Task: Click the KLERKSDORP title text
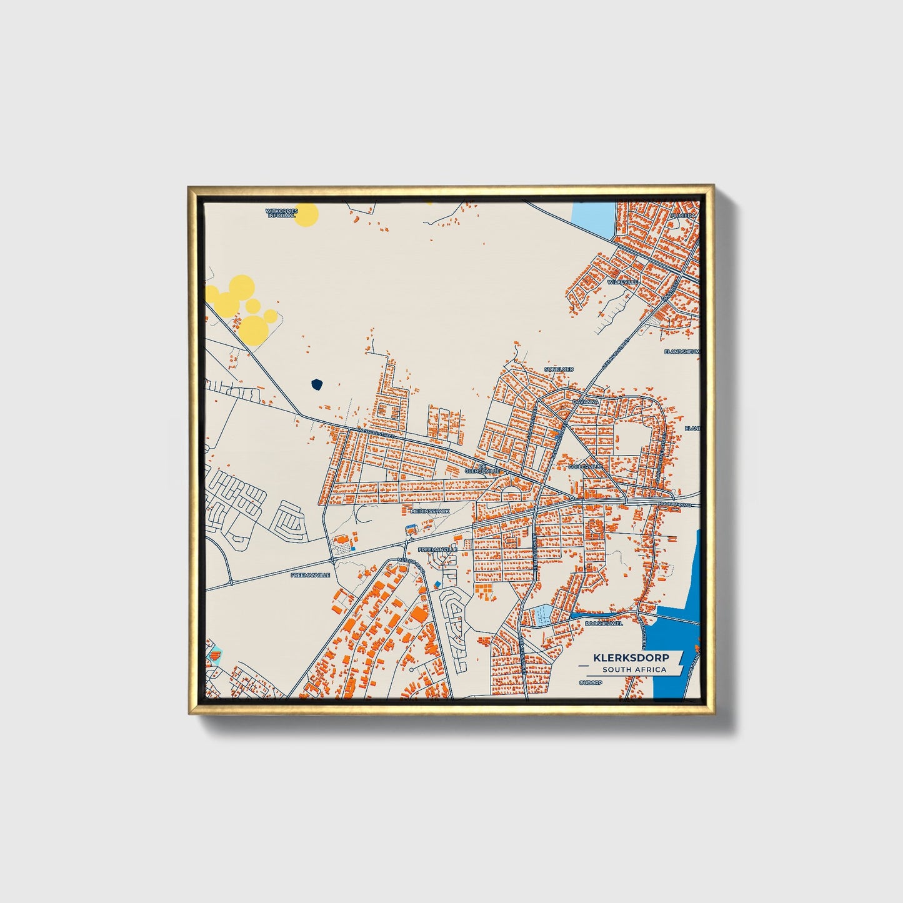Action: point(631,657)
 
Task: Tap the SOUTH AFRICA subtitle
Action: point(634,670)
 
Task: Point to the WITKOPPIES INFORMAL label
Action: point(281,213)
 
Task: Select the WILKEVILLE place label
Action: point(622,282)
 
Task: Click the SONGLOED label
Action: point(559,369)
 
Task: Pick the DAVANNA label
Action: point(586,402)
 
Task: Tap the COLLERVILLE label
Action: point(586,466)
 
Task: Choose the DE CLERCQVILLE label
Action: point(481,469)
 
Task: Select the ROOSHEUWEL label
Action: point(604,623)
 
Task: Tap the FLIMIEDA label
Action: point(682,215)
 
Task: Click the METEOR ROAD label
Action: point(411,564)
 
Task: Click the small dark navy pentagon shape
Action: point(317,384)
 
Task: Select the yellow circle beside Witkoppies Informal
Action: point(306,214)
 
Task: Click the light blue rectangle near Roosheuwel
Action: point(542,615)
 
